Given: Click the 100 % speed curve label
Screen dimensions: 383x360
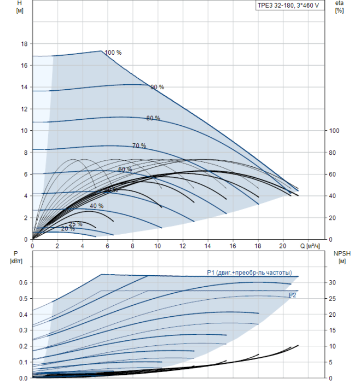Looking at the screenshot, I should (x=113, y=53).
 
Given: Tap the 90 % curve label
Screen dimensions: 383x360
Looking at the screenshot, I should (x=158, y=87).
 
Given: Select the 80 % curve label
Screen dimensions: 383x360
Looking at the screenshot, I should (x=153, y=118).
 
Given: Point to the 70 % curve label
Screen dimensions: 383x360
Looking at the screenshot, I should (x=139, y=146).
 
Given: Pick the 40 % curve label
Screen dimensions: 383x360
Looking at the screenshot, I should (x=97, y=206).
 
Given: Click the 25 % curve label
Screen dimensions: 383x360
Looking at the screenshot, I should (x=76, y=224).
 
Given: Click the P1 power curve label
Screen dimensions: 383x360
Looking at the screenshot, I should (x=249, y=272).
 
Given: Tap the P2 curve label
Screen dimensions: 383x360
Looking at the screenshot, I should (x=292, y=295).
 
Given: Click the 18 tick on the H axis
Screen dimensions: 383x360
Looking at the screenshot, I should (x=24, y=44).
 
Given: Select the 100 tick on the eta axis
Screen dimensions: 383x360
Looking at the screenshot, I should (x=334, y=131).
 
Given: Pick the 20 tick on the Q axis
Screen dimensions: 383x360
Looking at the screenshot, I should (x=282, y=246).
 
